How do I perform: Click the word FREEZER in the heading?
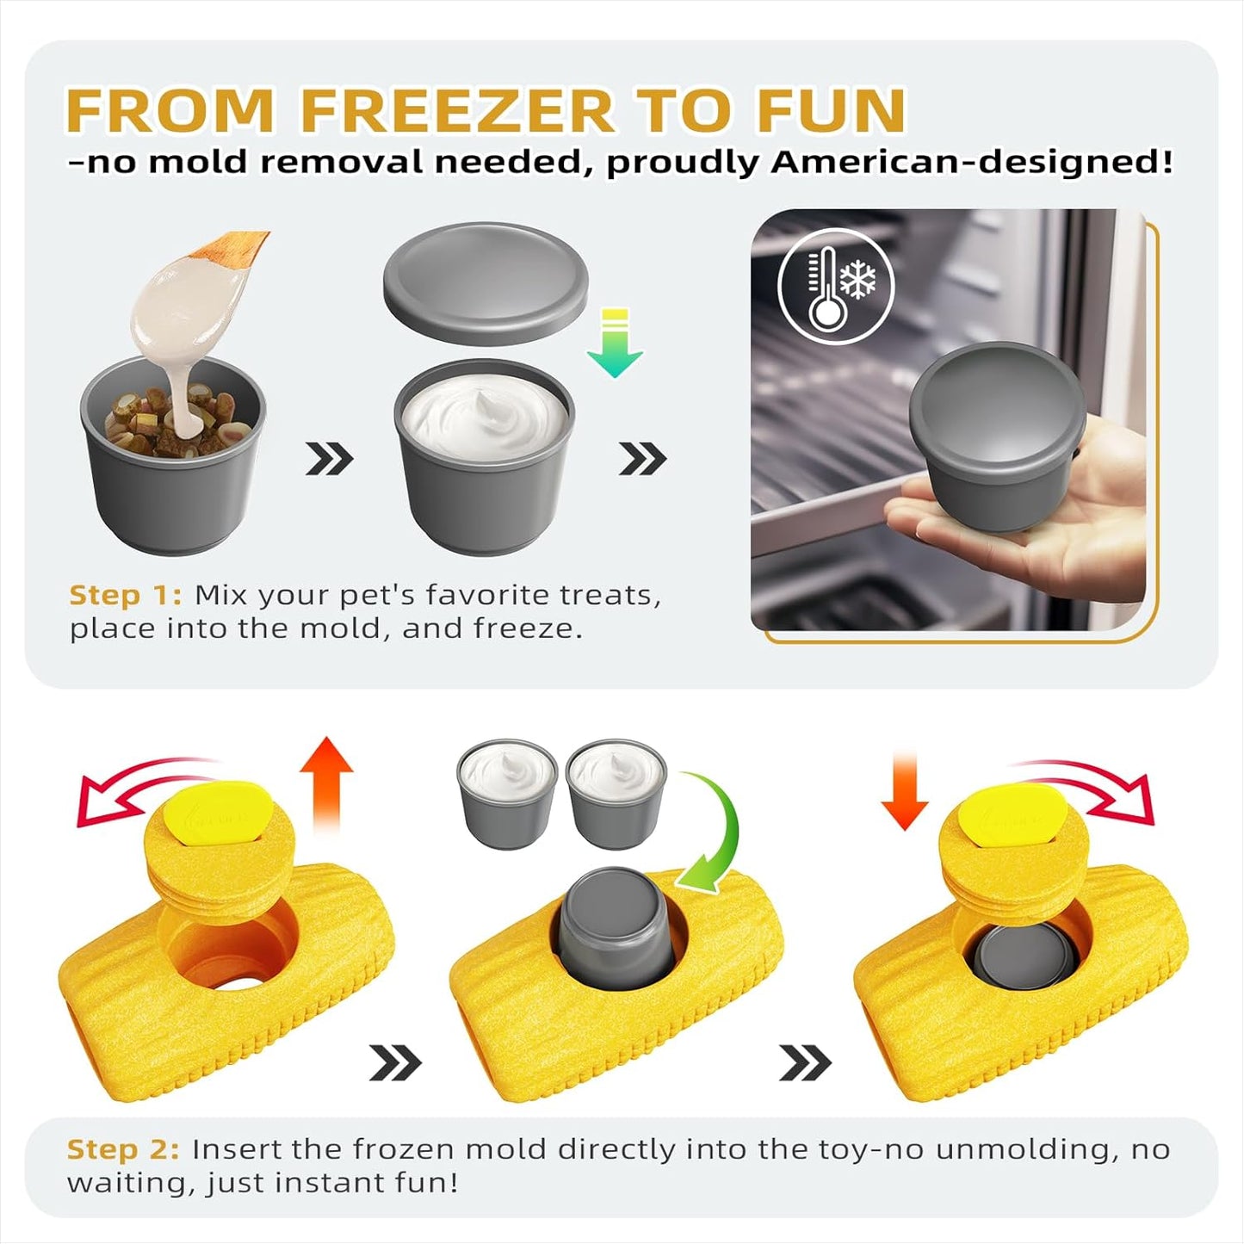pyautogui.click(x=456, y=110)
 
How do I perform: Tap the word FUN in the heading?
pyautogui.click(x=831, y=110)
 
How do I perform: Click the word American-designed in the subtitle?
pyautogui.click(x=971, y=162)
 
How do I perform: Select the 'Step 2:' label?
pyautogui.click(x=123, y=1149)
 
